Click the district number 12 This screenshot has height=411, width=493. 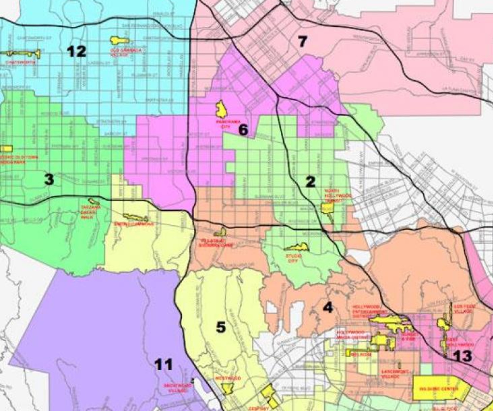(x=77, y=51)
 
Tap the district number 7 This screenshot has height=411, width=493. (x=302, y=41)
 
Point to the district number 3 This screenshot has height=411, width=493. (x=49, y=179)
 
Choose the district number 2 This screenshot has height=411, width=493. (x=310, y=182)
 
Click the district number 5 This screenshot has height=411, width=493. (x=221, y=327)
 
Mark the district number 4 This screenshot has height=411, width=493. (x=328, y=308)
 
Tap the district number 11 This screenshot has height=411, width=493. (x=164, y=365)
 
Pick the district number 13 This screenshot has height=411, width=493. (x=462, y=356)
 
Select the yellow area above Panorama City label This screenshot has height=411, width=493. (x=221, y=109)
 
